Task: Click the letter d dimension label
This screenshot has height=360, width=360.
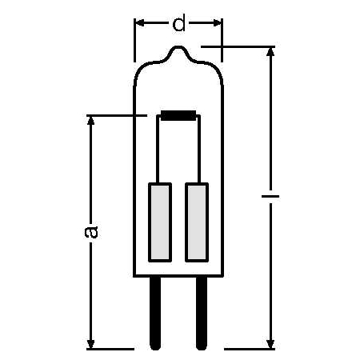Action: (x=178, y=24)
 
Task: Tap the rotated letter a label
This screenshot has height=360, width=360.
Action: (x=92, y=232)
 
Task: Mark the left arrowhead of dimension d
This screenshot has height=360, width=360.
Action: (x=138, y=24)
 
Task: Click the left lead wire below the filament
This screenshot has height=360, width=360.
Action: (x=159, y=152)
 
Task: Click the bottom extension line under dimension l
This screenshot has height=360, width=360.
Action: (x=248, y=348)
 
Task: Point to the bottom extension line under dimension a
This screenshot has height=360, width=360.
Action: (x=108, y=348)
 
